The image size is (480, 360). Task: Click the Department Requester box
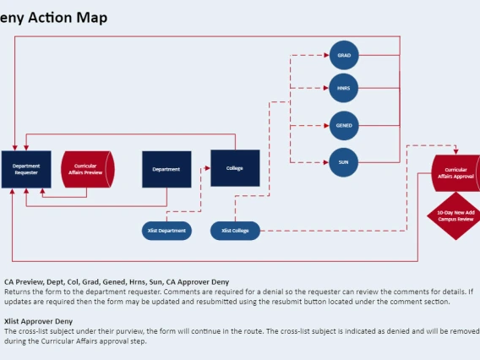(x=26, y=170)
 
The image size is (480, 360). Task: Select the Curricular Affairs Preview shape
(x=85, y=170)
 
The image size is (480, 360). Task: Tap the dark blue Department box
(x=166, y=170)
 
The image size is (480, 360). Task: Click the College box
(x=234, y=168)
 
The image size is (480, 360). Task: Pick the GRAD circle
(x=344, y=55)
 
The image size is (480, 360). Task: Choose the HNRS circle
(x=344, y=87)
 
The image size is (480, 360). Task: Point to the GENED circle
(x=344, y=125)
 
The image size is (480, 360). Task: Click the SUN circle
(x=344, y=161)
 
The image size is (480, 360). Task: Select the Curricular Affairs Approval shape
(x=455, y=173)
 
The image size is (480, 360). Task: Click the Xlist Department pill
(x=166, y=230)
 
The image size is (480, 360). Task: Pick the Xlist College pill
(x=234, y=230)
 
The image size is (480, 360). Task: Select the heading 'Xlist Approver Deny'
(x=37, y=321)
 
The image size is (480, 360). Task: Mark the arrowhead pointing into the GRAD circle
(x=326, y=55)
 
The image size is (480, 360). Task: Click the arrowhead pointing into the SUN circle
(x=326, y=161)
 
